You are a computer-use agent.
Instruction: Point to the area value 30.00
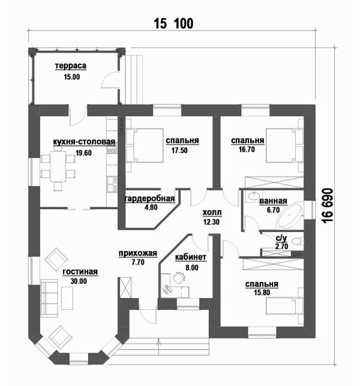click(79, 281)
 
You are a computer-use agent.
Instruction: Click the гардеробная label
click(149, 199)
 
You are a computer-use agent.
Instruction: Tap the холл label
click(212, 213)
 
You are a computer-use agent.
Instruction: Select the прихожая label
click(133, 254)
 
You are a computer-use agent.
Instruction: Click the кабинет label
click(191, 258)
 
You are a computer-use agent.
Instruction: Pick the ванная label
click(273, 201)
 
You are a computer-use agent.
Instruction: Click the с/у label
click(281, 238)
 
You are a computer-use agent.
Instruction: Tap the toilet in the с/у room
click(299, 241)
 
